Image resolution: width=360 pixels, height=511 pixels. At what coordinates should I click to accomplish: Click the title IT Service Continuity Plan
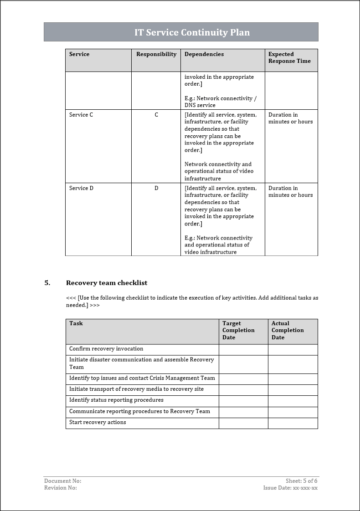[x=192, y=32]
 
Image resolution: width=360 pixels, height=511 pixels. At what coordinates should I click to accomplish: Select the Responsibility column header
[x=156, y=54]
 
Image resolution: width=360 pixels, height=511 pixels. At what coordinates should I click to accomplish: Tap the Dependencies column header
[x=204, y=54]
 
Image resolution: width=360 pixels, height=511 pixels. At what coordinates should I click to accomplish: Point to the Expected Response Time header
[x=289, y=57]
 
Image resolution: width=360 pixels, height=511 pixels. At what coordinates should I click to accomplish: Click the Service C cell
[x=81, y=115]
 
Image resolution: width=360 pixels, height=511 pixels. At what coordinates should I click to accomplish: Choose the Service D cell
[x=81, y=188]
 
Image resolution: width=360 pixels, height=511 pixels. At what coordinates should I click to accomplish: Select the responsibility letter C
[x=156, y=115]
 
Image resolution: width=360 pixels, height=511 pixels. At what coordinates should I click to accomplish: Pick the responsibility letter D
[x=156, y=188]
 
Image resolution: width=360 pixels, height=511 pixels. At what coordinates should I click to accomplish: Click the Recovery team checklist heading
[x=107, y=283]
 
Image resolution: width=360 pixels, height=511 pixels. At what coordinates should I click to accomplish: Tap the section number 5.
[x=47, y=283]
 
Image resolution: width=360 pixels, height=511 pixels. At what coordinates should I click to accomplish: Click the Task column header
[x=76, y=323]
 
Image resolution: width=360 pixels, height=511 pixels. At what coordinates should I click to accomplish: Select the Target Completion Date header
[x=238, y=330]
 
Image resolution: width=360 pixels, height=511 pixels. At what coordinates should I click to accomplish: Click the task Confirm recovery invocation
[x=106, y=349]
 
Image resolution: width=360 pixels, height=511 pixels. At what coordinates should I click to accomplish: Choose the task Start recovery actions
[x=98, y=422]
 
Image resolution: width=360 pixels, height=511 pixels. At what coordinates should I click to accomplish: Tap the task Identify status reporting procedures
[x=116, y=400]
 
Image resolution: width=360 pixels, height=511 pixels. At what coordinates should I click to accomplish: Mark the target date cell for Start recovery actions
[x=243, y=423]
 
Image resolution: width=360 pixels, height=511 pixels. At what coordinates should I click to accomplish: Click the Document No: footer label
[x=62, y=481]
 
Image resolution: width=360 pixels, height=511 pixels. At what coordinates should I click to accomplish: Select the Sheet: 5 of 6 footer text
[x=301, y=481]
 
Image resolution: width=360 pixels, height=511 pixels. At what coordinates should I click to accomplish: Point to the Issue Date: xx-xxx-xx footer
[x=290, y=488]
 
